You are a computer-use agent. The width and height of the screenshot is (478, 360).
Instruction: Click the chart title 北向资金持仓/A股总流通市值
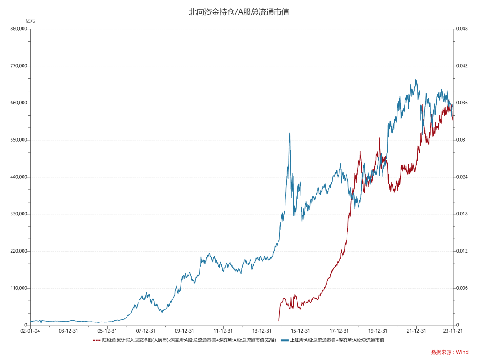point(239,12)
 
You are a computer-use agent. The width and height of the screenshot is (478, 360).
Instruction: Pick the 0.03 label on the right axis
point(460,140)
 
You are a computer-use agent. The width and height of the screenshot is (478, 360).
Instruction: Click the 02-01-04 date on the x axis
point(30,331)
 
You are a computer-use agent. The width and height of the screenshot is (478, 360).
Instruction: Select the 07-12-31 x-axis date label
point(146,331)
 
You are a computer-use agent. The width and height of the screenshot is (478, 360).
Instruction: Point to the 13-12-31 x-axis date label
point(262,331)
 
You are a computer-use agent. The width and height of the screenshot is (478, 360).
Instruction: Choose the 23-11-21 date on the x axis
point(453,331)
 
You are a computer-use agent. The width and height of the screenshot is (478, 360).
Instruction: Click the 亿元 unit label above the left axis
point(30,20)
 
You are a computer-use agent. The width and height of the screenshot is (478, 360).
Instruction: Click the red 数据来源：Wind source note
point(450,352)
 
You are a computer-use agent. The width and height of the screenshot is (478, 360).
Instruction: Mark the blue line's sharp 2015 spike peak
point(290,133)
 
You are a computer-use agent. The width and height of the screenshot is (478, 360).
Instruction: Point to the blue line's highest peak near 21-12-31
point(416,80)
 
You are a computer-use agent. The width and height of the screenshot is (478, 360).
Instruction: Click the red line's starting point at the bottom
point(279,321)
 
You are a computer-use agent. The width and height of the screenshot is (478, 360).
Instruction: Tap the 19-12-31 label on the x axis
point(378,331)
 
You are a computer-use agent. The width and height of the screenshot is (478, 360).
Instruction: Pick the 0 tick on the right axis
point(456,326)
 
